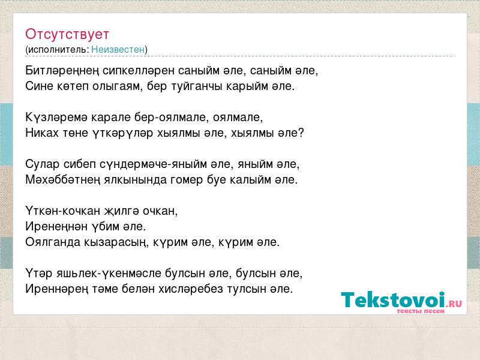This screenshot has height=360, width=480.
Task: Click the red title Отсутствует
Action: tap(67, 34)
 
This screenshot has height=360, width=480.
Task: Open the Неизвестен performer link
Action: tap(118, 49)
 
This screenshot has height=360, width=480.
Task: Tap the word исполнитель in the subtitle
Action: tap(58, 50)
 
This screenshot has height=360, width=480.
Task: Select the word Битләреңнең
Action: tap(62, 71)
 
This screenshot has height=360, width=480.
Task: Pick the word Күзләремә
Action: tap(56, 117)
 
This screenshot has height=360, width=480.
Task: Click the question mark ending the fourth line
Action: tap(301, 133)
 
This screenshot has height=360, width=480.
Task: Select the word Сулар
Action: tap(42, 164)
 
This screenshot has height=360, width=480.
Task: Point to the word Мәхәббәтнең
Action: tap(63, 179)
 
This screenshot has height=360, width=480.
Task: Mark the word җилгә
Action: tap(122, 211)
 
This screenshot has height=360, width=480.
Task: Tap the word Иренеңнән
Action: tap(56, 227)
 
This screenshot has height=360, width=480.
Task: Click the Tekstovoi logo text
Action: tap(393, 299)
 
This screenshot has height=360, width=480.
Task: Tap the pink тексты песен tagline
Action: tap(421, 311)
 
